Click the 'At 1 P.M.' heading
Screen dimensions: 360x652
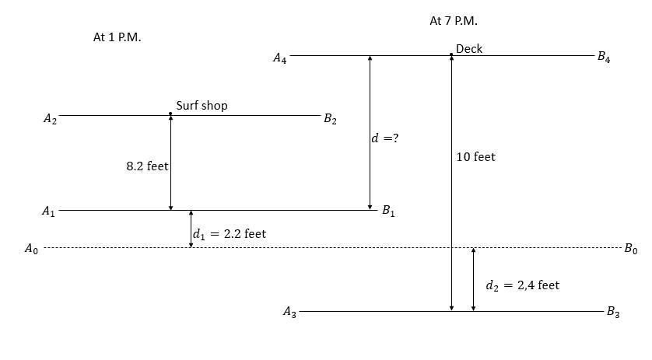click(x=117, y=37)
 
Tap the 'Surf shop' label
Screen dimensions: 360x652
click(x=202, y=106)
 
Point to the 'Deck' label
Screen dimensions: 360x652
click(x=469, y=49)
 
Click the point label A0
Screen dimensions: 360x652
click(x=31, y=249)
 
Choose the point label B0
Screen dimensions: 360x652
click(x=630, y=249)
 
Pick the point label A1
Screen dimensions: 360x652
click(x=49, y=211)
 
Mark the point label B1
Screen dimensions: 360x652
click(x=387, y=211)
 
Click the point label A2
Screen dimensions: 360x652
click(x=50, y=119)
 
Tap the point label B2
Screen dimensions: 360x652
click(x=330, y=119)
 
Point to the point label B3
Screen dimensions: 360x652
click(x=613, y=313)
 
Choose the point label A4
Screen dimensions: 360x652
click(x=279, y=58)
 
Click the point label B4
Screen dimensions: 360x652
click(x=603, y=57)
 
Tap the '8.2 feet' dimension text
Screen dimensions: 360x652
click(x=147, y=166)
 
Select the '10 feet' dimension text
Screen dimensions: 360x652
click(x=475, y=157)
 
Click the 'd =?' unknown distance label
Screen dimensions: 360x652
click(x=385, y=138)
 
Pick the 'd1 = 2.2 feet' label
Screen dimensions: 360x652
click(x=229, y=233)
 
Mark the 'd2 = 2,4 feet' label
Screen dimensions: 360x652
click(x=522, y=285)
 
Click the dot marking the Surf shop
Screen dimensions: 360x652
click(x=170, y=114)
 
